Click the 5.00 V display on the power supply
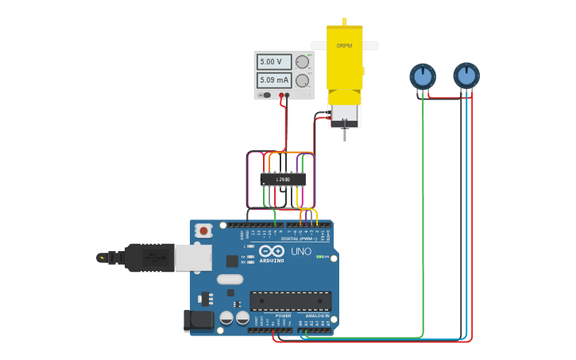[x=274, y=61]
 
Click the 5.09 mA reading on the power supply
[x=274, y=80]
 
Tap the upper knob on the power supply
[x=302, y=62]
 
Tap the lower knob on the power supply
[x=302, y=80]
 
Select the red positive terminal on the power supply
[x=281, y=95]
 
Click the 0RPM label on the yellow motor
[x=344, y=46]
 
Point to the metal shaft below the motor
[x=344, y=134]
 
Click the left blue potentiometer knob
[x=423, y=77]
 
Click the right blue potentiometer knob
[x=466, y=76]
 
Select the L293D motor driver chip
[x=282, y=180]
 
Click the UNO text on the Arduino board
[x=301, y=251]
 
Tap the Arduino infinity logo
[x=272, y=251]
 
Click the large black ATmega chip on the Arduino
[x=290, y=300]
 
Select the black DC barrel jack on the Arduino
[x=199, y=320]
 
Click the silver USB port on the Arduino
[x=193, y=257]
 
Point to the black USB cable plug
[x=149, y=257]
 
